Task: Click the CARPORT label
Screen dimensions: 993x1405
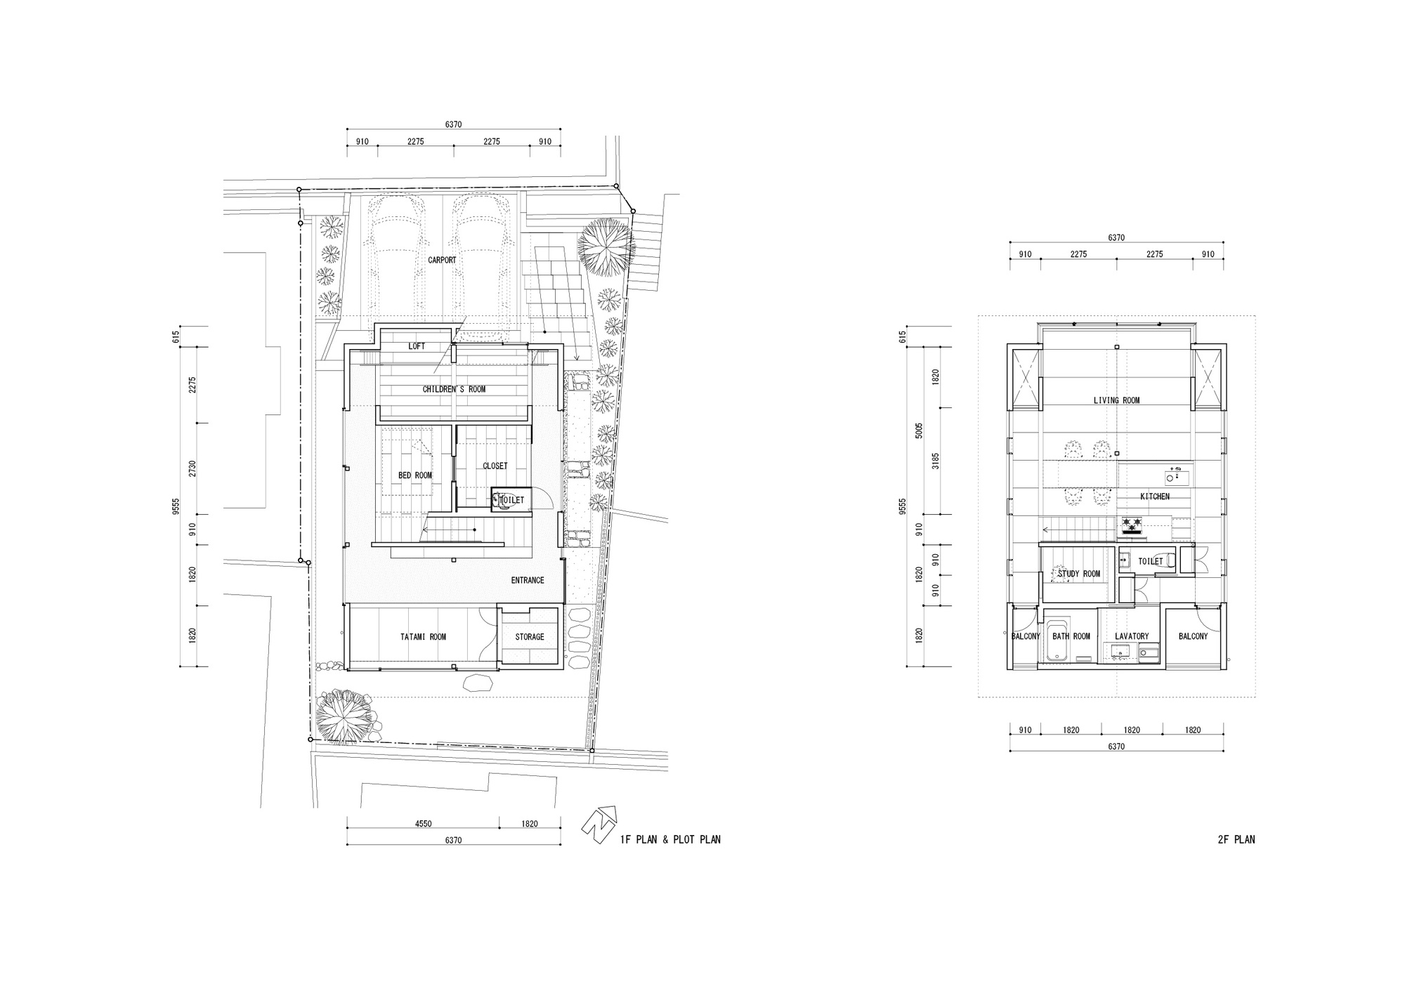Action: (x=442, y=260)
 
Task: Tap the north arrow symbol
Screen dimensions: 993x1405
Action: (x=599, y=824)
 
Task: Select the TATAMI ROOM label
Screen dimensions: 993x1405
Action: (x=423, y=637)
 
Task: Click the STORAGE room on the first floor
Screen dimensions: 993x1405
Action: (x=529, y=637)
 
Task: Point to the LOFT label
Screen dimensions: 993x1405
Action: (x=417, y=347)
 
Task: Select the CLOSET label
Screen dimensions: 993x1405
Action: (x=495, y=466)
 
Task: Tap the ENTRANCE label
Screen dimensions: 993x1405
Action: (x=527, y=580)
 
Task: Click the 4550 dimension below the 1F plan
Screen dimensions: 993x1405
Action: (x=422, y=824)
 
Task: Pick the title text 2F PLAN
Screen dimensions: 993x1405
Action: (x=1236, y=839)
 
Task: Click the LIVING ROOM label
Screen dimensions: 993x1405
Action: (x=1116, y=400)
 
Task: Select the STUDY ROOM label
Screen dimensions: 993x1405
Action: (x=1078, y=574)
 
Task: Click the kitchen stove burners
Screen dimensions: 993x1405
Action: (x=1131, y=523)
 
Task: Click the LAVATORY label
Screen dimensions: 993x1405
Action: (x=1131, y=636)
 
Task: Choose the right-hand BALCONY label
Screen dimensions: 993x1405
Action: (x=1193, y=636)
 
